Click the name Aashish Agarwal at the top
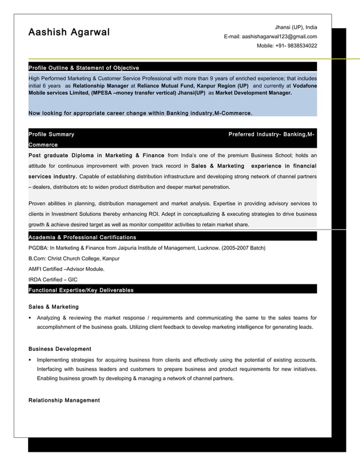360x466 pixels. point(69,32)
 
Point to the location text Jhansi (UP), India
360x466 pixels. point(296,27)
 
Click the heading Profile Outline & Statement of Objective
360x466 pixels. point(84,68)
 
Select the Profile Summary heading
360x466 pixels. point(51,134)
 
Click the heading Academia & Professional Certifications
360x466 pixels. point(82,238)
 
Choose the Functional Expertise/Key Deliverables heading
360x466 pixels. point(81,290)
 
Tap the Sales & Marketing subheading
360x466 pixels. point(54,307)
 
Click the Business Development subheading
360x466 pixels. point(60,349)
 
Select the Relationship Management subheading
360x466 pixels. point(64,400)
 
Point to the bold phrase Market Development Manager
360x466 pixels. point(253,93)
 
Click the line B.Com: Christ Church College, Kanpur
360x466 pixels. point(74,258)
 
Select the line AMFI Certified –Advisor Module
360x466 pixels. point(66,269)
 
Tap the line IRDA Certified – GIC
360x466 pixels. point(53,279)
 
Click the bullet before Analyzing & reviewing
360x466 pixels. point(30,318)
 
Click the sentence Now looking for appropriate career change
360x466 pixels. point(140,113)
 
